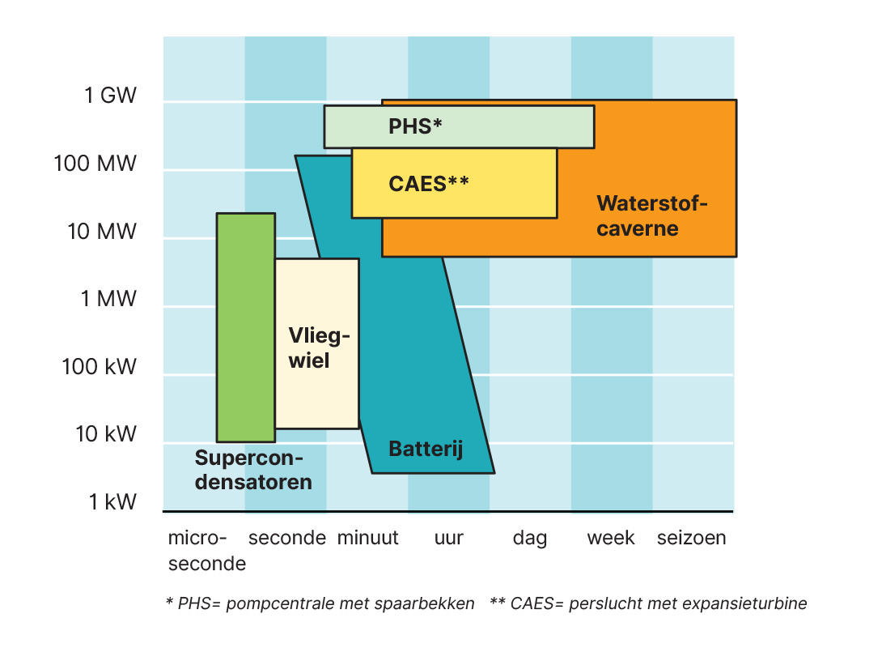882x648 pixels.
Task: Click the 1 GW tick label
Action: coord(110,95)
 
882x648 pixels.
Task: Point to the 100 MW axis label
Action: coord(95,164)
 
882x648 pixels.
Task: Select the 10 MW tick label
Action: coord(102,232)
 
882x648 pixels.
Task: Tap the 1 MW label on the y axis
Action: coord(108,298)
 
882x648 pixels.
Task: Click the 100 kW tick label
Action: coord(99,366)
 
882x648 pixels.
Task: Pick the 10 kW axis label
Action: coord(106,434)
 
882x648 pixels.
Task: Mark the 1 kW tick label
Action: coord(112,501)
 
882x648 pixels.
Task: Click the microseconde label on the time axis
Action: coord(207,551)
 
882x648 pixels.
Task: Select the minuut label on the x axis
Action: coord(368,538)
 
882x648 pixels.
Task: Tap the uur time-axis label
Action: coord(449,538)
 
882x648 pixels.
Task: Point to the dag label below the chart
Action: coord(530,539)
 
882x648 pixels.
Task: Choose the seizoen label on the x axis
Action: coord(691,538)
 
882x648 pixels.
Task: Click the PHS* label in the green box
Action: coord(415,126)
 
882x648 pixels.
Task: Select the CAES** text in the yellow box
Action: coord(429,184)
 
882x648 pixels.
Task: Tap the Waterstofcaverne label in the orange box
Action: coord(652,215)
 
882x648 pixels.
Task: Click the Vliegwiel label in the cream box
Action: coord(319,348)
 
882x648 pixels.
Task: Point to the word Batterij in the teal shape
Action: coord(426,449)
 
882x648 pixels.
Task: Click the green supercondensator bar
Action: coord(246,328)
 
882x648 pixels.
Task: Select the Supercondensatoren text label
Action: coord(253,470)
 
